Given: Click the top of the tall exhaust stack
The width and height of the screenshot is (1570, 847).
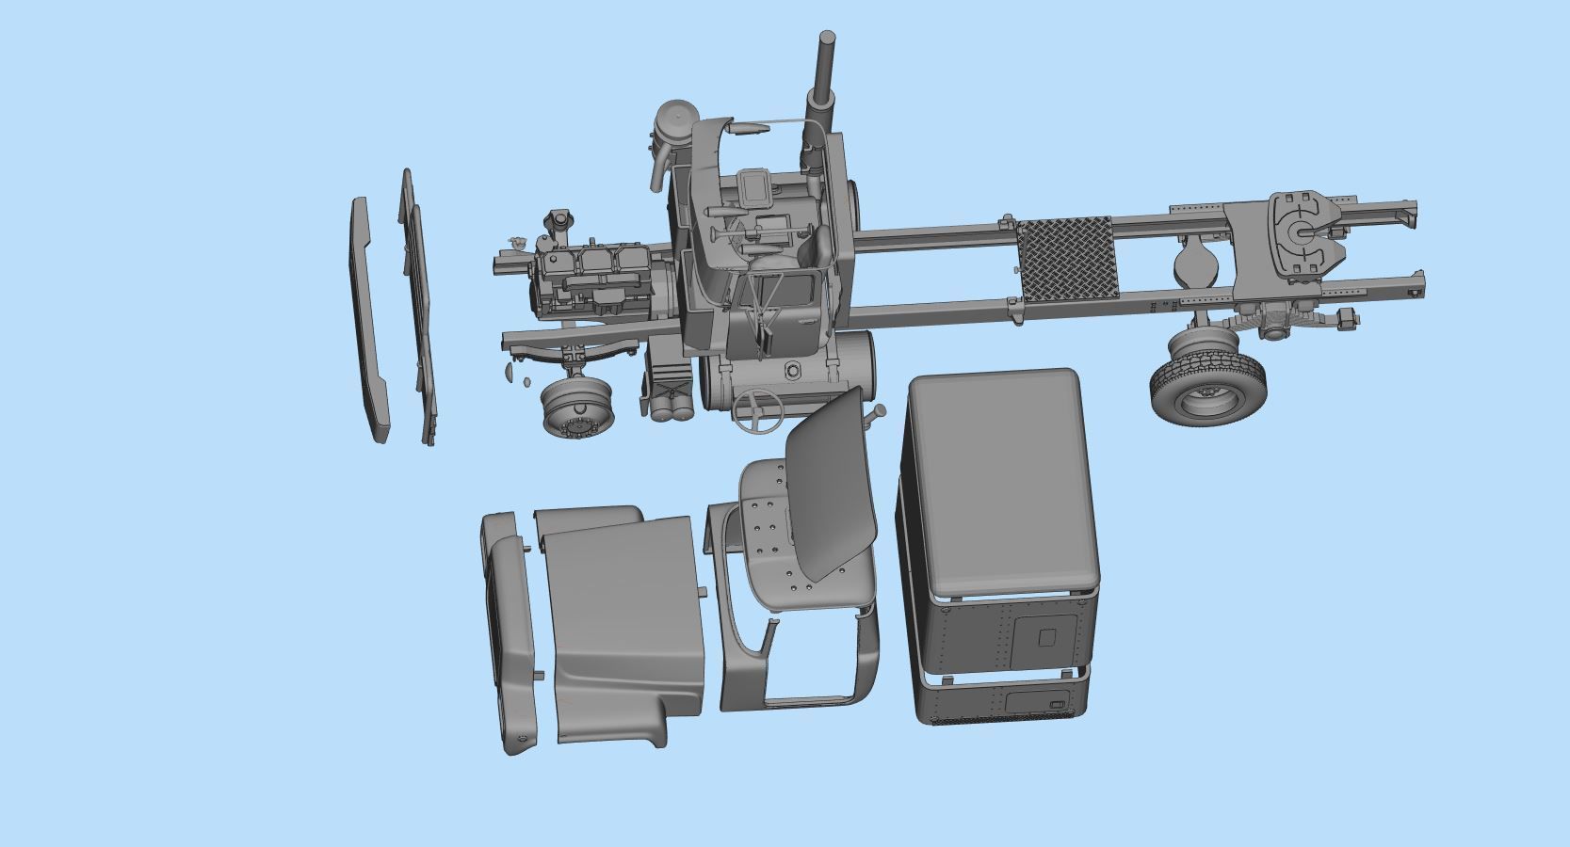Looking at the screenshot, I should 827,39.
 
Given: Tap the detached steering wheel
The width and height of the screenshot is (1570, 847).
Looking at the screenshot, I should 758,410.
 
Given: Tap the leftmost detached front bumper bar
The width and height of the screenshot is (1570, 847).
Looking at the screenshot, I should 370,320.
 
